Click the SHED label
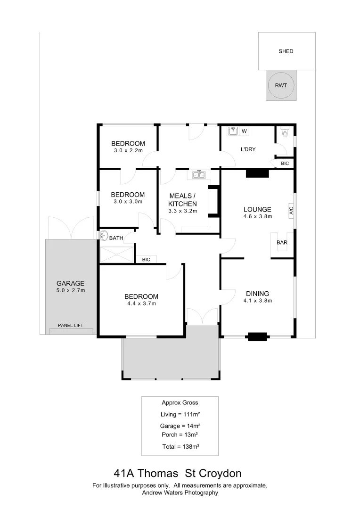[x=286, y=51]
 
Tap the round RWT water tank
[x=281, y=86]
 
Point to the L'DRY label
[x=248, y=149]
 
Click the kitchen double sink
[x=198, y=175]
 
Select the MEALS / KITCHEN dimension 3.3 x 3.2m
[x=182, y=211]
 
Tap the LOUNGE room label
[x=257, y=209]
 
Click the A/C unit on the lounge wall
[x=291, y=210]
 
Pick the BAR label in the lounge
[x=282, y=243]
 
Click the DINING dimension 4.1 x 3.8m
[x=257, y=300]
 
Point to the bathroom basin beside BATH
[x=104, y=236]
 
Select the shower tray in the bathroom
[x=116, y=254]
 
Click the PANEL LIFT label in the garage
[x=70, y=325]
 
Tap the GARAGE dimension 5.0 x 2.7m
[x=70, y=290]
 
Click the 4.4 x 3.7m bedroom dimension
[x=141, y=304]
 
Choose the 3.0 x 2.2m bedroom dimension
[x=128, y=151]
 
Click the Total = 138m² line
[x=180, y=446]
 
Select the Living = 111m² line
[x=180, y=414]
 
